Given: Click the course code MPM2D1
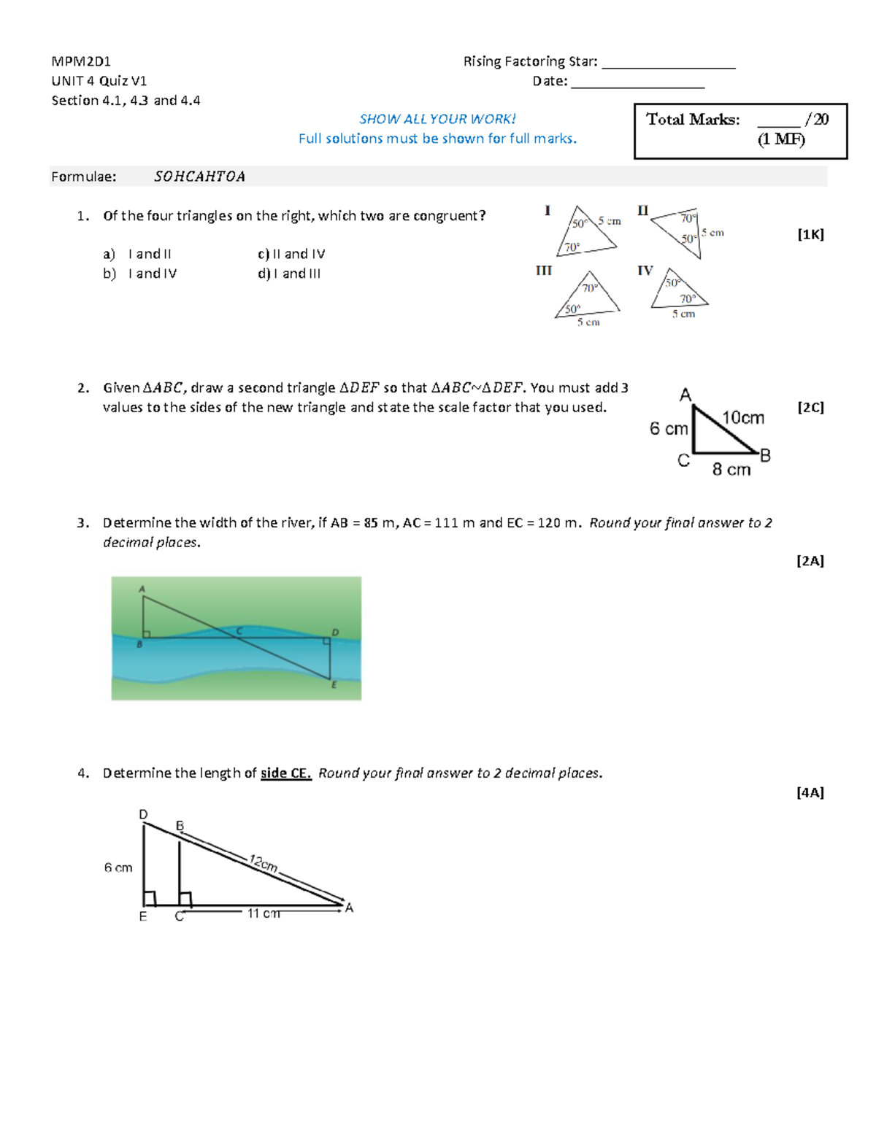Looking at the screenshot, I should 81,61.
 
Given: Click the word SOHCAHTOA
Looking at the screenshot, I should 199,177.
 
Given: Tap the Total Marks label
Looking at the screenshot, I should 692,120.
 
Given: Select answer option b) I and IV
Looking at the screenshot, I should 140,274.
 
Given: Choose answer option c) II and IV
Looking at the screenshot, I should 291,254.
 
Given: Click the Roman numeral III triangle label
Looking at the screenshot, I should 544,271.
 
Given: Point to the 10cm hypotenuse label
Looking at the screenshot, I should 742,418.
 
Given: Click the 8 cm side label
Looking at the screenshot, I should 731,470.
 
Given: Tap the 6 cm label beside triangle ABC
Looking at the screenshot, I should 668,429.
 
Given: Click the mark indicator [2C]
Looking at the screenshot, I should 810,408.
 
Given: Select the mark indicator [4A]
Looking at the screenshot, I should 810,792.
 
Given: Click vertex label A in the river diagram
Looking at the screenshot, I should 142,589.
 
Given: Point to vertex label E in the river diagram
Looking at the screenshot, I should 334,685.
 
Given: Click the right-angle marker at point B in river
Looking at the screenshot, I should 147,634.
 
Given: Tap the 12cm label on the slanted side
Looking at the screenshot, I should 263,863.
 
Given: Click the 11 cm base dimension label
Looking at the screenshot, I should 263,913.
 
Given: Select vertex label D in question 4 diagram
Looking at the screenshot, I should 143,814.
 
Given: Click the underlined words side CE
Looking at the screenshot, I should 285,773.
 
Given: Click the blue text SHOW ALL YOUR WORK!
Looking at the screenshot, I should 437,119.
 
